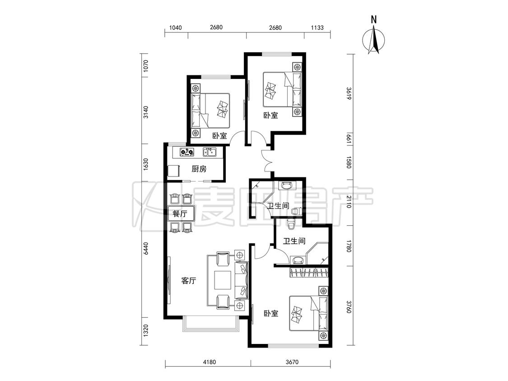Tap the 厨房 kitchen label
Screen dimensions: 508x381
click(199, 169)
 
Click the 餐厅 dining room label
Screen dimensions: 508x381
click(180, 214)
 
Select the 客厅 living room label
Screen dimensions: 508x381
click(189, 281)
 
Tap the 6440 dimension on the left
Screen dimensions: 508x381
click(146, 248)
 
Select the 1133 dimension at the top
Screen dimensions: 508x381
click(317, 28)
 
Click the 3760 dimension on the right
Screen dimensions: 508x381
click(349, 307)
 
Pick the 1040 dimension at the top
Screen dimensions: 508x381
click(175, 28)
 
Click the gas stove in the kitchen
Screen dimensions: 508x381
click(186, 152)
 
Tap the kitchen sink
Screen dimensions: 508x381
click(209, 152)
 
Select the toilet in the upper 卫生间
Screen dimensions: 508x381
click(296, 212)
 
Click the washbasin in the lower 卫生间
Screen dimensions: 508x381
click(298, 260)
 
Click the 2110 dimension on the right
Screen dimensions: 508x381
click(349, 202)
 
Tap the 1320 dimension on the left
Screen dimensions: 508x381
click(146, 330)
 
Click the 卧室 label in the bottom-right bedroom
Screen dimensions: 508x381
click(271, 314)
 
